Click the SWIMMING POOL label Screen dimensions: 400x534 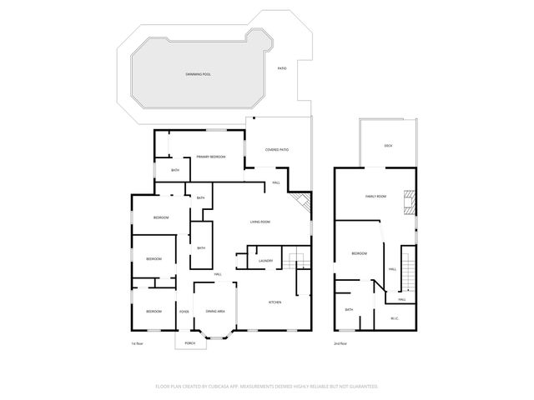point(199,74)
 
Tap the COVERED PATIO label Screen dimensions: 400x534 point(277,149)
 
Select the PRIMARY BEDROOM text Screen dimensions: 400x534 point(211,157)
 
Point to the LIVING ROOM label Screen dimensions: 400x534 point(261,222)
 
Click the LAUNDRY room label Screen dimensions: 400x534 point(266,261)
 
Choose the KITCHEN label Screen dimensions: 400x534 point(275,302)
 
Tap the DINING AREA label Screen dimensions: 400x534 point(215,311)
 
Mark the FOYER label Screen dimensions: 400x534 point(184,312)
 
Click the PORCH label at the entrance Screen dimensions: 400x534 point(189,342)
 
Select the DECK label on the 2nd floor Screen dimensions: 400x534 point(388,146)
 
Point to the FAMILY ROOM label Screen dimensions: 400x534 point(375,197)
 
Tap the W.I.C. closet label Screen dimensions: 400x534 point(395,317)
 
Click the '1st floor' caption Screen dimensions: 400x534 point(139,343)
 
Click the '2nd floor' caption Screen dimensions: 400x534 point(340,343)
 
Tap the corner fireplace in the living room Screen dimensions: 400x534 point(301,203)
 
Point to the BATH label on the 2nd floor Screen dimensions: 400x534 point(349,309)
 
